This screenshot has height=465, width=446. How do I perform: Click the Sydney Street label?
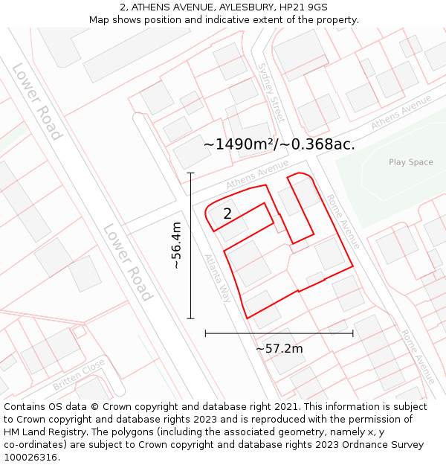271,92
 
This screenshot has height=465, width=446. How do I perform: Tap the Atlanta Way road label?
219,278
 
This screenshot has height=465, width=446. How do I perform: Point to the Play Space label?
410,162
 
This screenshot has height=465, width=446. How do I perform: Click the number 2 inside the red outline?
227,214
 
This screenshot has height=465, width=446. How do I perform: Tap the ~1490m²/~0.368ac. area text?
279,144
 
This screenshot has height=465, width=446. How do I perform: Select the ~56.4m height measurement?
176,246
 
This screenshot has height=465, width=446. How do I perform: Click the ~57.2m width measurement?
279,348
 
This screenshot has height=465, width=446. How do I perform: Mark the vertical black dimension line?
190,246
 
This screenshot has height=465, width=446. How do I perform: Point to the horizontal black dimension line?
279,333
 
